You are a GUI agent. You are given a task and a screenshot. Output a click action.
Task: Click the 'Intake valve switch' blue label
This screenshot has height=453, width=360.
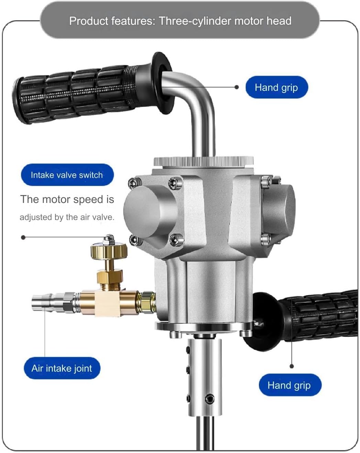pyautogui.click(x=67, y=175)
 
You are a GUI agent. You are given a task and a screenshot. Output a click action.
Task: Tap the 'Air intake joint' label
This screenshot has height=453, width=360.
pyautogui.click(x=62, y=368)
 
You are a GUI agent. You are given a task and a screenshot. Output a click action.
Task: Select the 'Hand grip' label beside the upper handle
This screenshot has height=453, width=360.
pyautogui.click(x=276, y=87)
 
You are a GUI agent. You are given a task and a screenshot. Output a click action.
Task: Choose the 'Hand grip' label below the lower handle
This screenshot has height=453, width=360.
pyautogui.click(x=290, y=385)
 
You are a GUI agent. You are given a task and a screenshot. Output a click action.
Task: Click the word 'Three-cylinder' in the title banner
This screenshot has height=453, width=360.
pyautogui.click(x=195, y=21)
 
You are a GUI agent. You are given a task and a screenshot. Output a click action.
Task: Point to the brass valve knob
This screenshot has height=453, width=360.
pyautogui.click(x=109, y=250)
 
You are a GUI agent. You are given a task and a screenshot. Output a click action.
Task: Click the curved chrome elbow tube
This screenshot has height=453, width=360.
pyautogui.click(x=196, y=100)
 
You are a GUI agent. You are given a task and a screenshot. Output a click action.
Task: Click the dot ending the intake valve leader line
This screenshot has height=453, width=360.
pyautogui.click(x=23, y=237)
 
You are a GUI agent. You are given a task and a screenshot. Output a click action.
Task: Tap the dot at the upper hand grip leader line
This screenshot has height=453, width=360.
pyautogui.click(x=237, y=87)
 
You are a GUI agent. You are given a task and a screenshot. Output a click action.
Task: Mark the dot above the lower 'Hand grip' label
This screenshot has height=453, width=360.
pyautogui.click(x=292, y=366)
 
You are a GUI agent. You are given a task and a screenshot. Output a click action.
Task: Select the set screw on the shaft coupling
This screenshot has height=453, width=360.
pyautogui.click(x=209, y=399)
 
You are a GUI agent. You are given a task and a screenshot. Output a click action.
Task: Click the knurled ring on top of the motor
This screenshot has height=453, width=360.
pyautogui.click(x=204, y=161)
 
